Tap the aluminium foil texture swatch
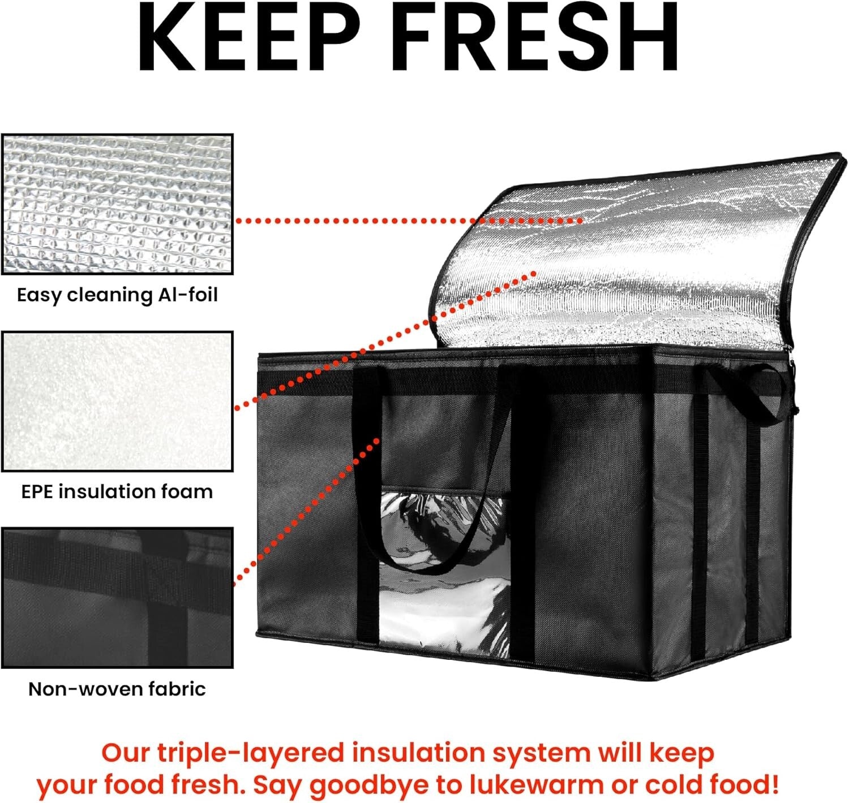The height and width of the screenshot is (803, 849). (117, 204)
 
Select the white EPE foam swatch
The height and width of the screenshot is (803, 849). (117, 401)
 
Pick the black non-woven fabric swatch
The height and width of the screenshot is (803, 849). (117, 598)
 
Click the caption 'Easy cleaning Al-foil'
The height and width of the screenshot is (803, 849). (117, 295)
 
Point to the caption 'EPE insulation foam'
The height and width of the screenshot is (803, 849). (117, 491)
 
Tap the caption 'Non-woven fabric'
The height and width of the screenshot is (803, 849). (117, 689)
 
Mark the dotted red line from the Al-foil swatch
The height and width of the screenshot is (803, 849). (408, 221)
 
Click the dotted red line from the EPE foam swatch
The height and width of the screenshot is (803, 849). (385, 339)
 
